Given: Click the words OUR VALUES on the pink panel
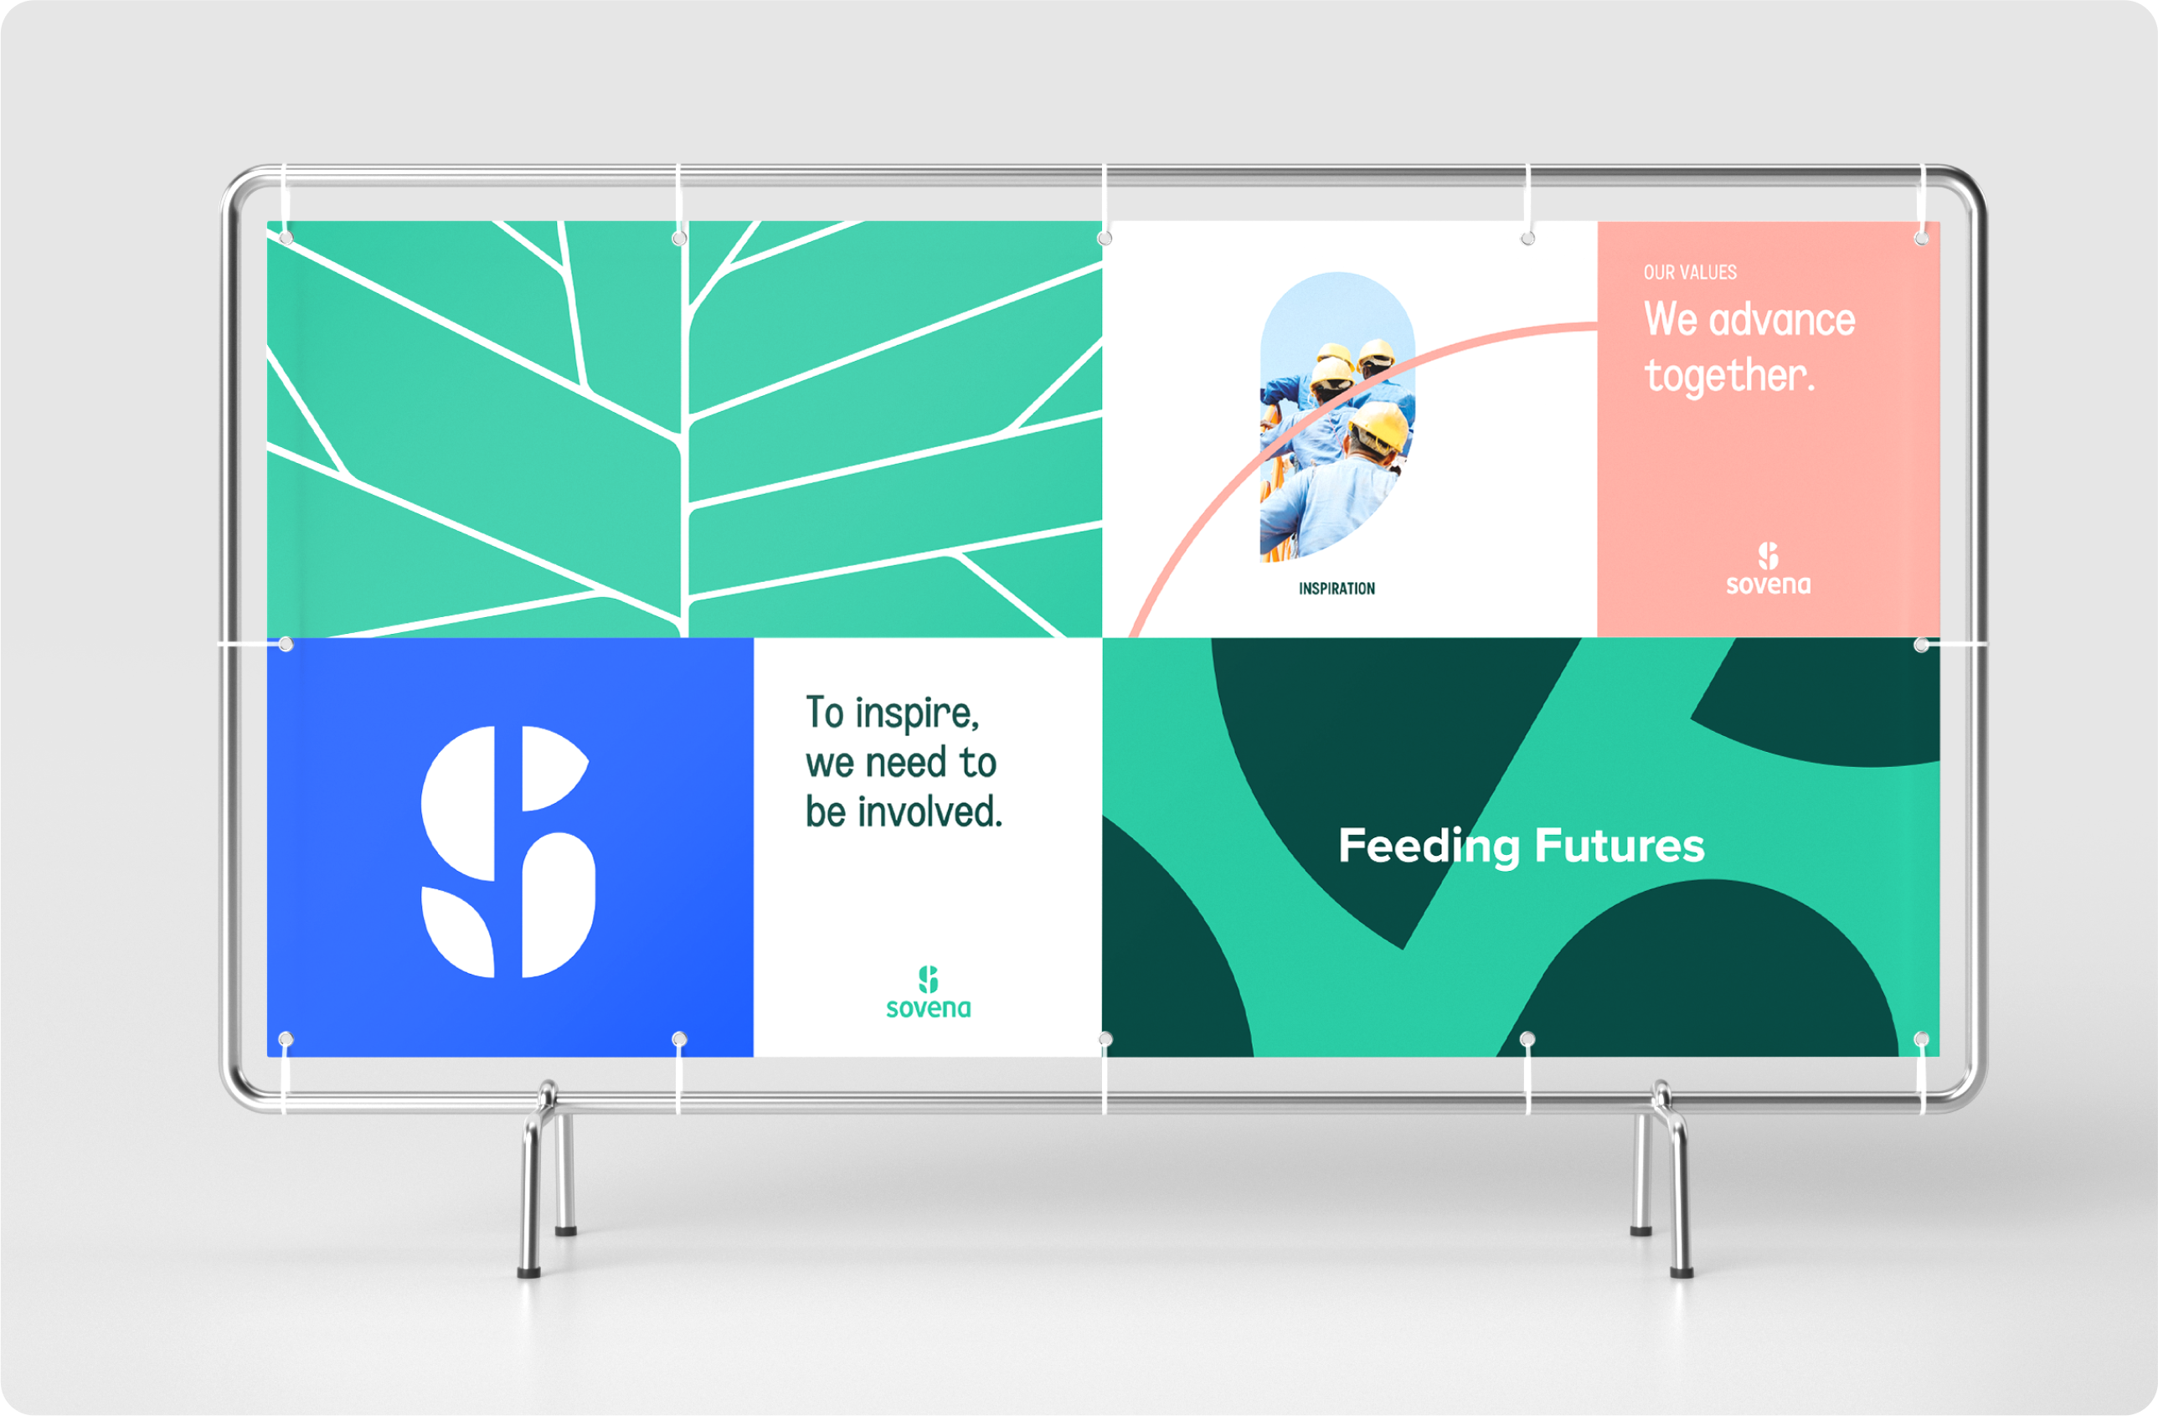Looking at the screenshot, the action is tap(1690, 272).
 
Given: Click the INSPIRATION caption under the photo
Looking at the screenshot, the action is tap(1337, 589).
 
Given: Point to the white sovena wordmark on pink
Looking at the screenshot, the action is tap(1768, 584).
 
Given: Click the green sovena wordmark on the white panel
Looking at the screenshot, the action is tap(929, 1008).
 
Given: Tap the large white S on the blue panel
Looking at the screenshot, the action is tap(507, 852).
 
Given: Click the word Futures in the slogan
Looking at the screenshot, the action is tap(1620, 845).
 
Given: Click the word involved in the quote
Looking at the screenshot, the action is tap(930, 811).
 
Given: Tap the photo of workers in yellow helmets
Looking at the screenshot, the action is tap(1337, 417).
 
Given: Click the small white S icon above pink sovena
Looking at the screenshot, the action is tap(1768, 556).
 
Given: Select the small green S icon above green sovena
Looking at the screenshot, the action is tap(929, 979).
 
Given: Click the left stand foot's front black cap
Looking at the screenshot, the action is tap(528, 1272).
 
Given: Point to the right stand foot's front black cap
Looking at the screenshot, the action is tap(1682, 1272).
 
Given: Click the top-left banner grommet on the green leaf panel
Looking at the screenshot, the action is tap(286, 238).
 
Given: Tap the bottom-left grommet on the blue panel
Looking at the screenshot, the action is tap(286, 1039).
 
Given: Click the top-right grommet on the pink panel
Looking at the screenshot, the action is tap(1921, 238).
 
